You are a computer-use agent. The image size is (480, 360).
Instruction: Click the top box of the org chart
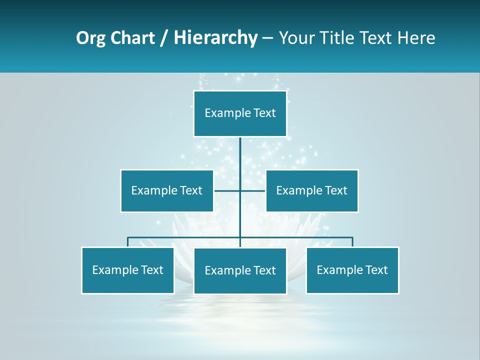click(x=240, y=113)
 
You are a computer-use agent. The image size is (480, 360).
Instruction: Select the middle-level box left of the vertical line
click(x=167, y=190)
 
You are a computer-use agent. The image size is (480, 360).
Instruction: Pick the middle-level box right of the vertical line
click(x=312, y=190)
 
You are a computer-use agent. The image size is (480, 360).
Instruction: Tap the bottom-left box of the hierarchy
click(x=128, y=270)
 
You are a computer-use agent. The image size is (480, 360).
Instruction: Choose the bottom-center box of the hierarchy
click(x=240, y=270)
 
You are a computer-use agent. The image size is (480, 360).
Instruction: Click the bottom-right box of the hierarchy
click(x=352, y=270)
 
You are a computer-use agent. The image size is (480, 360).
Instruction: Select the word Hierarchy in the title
click(x=215, y=38)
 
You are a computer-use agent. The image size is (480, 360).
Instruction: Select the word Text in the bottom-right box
click(x=376, y=270)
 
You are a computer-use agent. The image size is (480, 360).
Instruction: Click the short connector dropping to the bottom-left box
click(x=128, y=242)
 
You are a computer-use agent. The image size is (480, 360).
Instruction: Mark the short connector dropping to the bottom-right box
click(x=352, y=242)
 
